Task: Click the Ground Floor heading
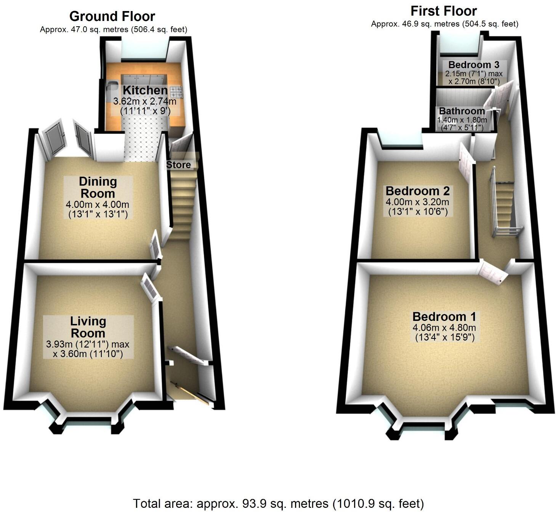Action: point(112,16)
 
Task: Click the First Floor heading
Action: point(444,11)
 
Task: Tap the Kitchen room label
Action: point(145,91)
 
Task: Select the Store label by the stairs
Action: point(178,165)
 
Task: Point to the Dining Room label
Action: point(98,187)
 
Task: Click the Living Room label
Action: point(88,327)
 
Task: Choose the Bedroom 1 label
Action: point(444,317)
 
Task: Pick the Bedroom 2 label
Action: point(418,191)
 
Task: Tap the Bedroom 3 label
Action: point(474,65)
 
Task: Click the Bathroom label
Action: point(462,111)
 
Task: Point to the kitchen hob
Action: point(176,91)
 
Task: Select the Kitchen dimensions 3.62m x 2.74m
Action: point(145,102)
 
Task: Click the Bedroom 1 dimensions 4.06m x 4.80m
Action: point(444,328)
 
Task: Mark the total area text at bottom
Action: point(278,504)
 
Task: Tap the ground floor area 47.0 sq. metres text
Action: point(114,29)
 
